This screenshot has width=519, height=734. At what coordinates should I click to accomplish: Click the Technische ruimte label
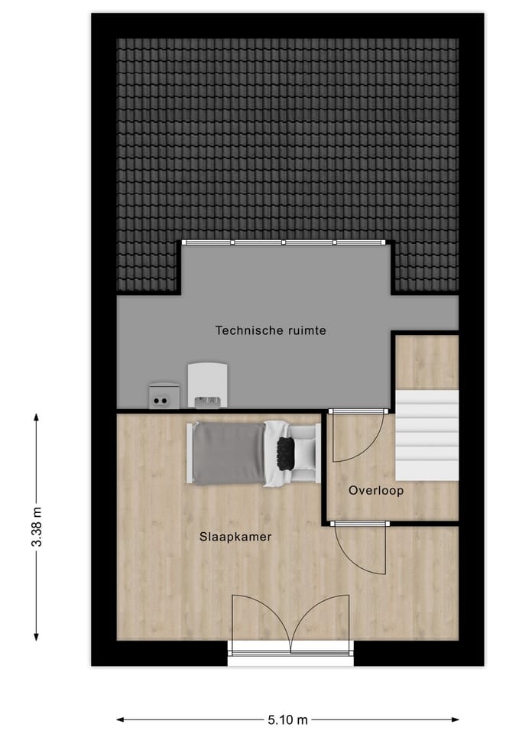click(271, 331)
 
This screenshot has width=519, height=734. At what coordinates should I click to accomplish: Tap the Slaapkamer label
click(235, 537)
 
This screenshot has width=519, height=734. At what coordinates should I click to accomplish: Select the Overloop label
click(375, 490)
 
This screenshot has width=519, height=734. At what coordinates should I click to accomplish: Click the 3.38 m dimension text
click(36, 528)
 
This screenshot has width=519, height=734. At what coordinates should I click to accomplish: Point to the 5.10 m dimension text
click(287, 719)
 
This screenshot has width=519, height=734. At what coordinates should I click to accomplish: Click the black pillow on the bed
click(287, 454)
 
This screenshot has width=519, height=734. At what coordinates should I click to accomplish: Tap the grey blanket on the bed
click(228, 454)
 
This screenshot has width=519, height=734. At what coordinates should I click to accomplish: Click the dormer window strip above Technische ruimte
click(283, 243)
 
